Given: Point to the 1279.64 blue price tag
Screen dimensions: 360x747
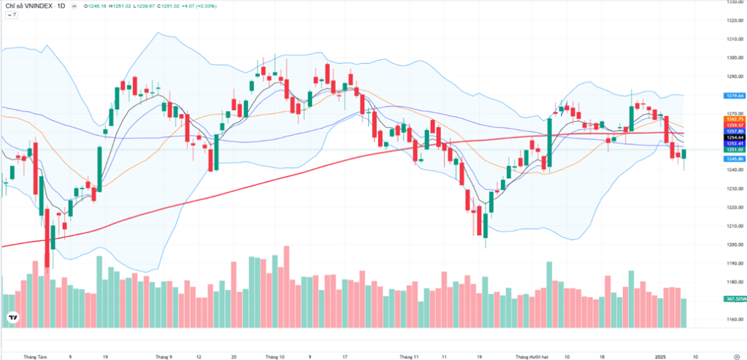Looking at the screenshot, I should click(x=734, y=96).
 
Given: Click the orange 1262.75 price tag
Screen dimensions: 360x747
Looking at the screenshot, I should click(x=734, y=119).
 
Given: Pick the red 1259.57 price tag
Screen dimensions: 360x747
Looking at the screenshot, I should click(x=734, y=125).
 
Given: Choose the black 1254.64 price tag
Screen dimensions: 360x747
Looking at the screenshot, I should click(x=734, y=137).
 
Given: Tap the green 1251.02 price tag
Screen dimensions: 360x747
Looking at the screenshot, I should click(x=734, y=149).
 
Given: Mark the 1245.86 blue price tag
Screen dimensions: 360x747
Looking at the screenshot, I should click(x=734, y=158).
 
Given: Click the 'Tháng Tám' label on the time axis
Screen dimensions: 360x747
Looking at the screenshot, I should click(x=35, y=357).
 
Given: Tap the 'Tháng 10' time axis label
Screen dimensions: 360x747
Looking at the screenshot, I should click(x=275, y=357).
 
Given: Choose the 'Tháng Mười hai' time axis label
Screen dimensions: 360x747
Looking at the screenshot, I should click(x=532, y=357).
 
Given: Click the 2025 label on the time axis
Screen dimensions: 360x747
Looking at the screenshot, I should click(x=660, y=357).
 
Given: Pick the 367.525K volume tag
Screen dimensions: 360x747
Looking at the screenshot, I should click(x=734, y=299).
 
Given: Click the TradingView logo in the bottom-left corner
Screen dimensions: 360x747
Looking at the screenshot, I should click(x=12, y=318).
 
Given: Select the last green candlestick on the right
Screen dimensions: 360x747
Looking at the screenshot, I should click(x=684, y=154).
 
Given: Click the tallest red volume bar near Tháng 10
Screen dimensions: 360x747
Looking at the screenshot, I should click(x=286, y=286).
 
